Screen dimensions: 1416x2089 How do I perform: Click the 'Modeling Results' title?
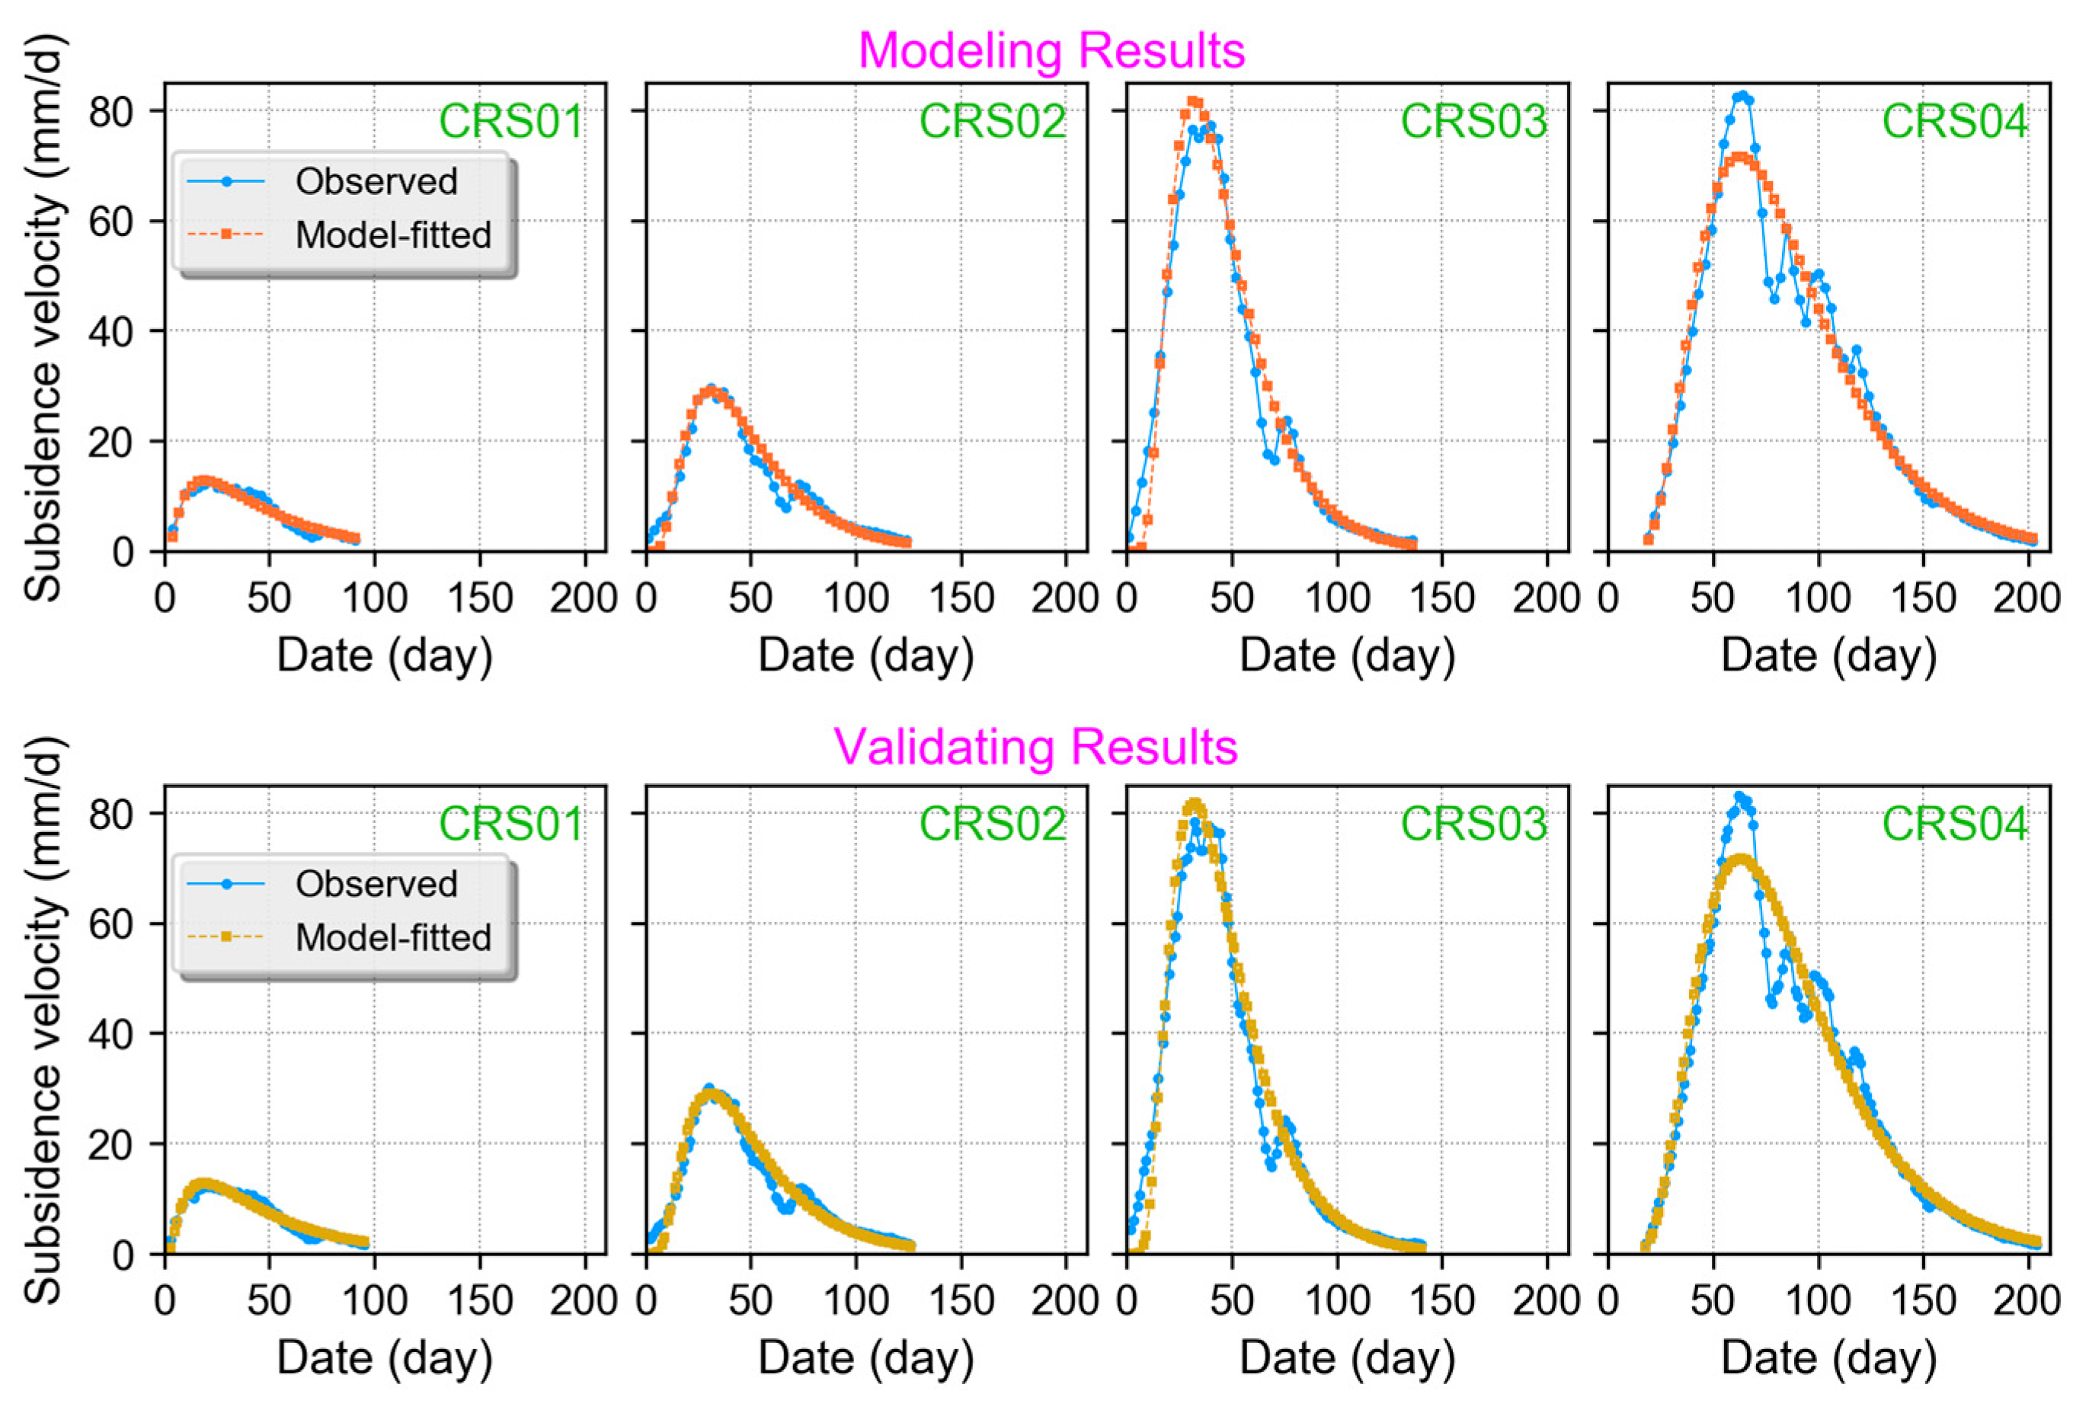point(1051,51)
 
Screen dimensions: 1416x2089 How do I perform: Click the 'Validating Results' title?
point(1035,747)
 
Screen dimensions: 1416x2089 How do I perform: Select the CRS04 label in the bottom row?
point(1954,824)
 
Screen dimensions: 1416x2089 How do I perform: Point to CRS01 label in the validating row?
point(510,824)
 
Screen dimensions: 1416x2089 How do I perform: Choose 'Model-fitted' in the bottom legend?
point(393,938)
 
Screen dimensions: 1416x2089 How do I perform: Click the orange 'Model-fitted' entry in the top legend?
point(393,235)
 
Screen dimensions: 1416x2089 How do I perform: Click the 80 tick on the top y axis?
point(110,111)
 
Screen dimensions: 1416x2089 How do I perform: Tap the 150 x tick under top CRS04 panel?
point(1924,598)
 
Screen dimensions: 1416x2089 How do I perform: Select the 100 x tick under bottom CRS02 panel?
point(856,1301)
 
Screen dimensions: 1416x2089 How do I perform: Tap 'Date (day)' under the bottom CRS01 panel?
point(384,1357)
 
